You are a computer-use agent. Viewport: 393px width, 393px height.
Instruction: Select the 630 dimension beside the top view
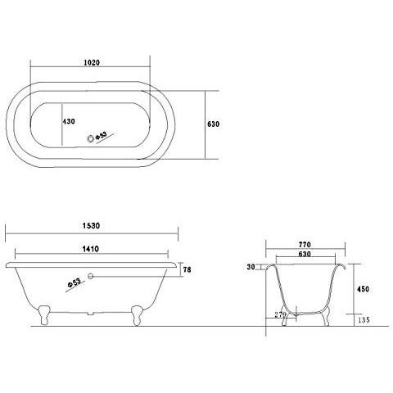(214, 124)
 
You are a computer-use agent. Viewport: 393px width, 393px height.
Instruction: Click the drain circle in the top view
(91, 139)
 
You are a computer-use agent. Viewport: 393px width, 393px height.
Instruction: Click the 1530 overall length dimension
(91, 224)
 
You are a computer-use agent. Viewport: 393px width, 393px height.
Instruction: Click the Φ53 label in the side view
(75, 282)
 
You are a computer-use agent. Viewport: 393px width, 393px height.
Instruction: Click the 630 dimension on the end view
(305, 254)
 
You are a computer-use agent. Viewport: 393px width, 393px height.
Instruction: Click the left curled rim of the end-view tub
(269, 266)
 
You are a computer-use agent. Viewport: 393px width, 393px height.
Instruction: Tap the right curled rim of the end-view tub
(343, 266)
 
